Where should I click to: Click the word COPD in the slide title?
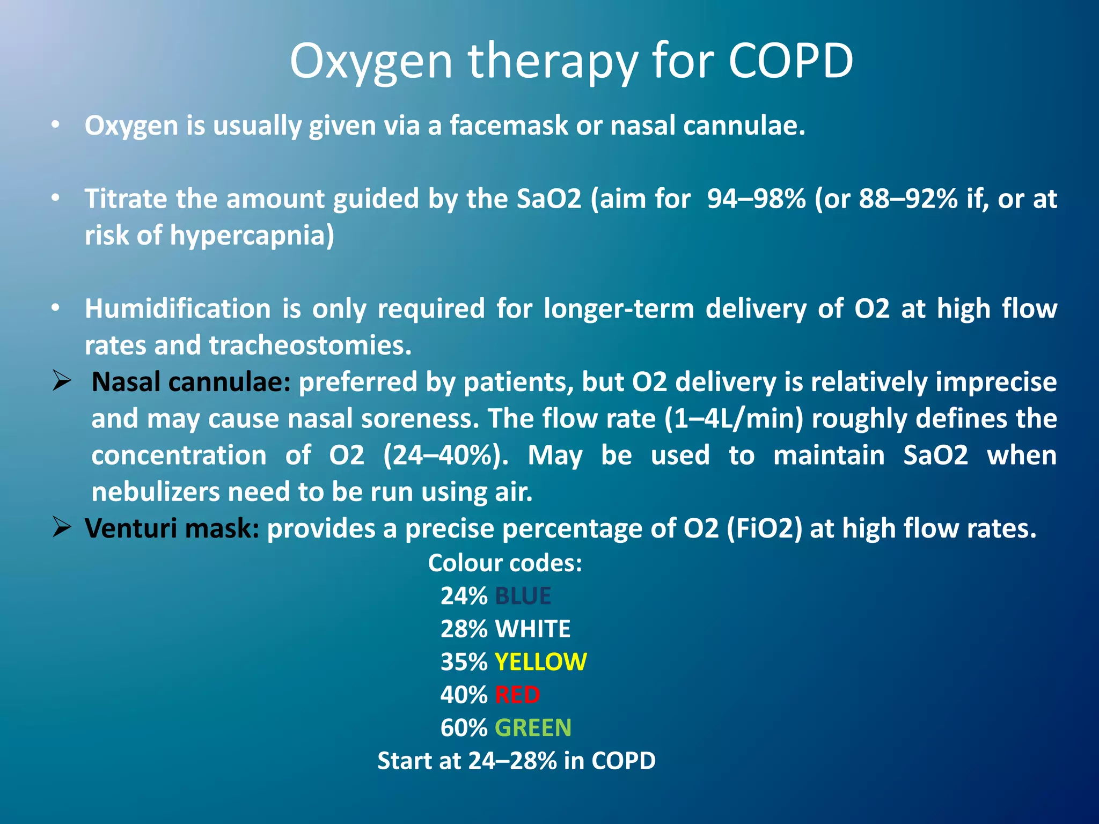click(790, 61)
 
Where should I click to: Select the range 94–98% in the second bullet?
click(756, 199)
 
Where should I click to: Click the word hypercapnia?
click(252, 236)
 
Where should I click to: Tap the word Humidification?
click(178, 309)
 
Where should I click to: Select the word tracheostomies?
click(310, 345)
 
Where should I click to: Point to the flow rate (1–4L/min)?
click(734, 418)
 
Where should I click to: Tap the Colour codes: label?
click(504, 563)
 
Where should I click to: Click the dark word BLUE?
click(523, 596)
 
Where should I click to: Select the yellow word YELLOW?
click(540, 662)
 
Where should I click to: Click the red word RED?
click(517, 695)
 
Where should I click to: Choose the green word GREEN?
click(533, 728)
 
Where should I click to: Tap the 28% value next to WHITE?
click(464, 629)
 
